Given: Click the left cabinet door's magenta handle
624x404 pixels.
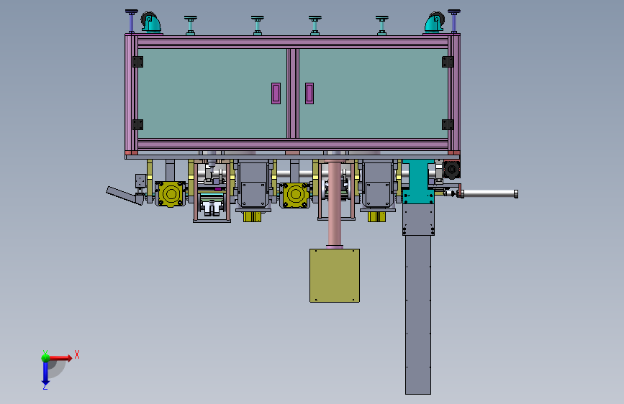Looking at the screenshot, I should (276, 93).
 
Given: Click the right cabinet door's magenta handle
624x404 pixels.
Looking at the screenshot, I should (309, 93).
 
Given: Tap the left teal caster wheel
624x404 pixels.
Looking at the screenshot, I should (150, 24).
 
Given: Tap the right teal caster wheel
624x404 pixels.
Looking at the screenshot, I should (433, 24).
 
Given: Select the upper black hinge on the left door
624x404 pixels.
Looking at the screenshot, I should (137, 63).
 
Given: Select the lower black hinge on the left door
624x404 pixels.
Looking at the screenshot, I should (137, 124).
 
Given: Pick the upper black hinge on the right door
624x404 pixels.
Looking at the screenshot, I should (448, 63).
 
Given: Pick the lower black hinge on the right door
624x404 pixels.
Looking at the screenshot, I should (448, 124).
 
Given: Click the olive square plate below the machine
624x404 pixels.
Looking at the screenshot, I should (335, 275).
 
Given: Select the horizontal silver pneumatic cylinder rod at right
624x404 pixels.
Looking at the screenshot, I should (489, 193).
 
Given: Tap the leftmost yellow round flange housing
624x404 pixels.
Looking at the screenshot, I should (171, 194).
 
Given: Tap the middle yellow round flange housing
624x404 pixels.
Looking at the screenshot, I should (294, 194).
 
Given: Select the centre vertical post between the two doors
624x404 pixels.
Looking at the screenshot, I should (292, 93).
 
